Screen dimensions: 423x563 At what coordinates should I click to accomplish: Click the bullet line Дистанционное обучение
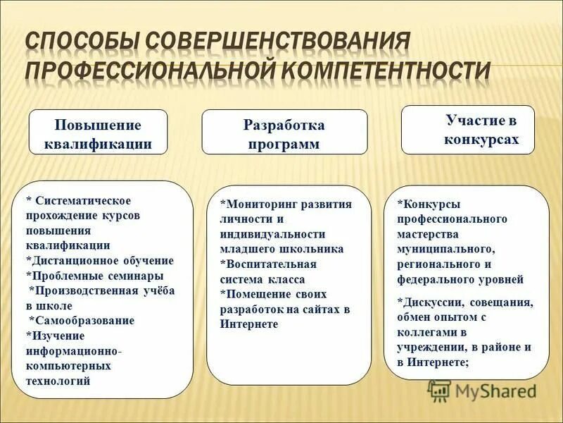(101, 260)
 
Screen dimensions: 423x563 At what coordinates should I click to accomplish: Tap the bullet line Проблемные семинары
(97, 275)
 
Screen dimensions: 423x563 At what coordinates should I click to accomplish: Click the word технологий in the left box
(58, 381)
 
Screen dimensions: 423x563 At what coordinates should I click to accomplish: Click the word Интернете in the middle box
(249, 324)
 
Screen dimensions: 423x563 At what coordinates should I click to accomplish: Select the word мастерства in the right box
(427, 234)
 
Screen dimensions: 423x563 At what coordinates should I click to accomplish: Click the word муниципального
(446, 249)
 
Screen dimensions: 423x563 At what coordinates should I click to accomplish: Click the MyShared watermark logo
(482, 390)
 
